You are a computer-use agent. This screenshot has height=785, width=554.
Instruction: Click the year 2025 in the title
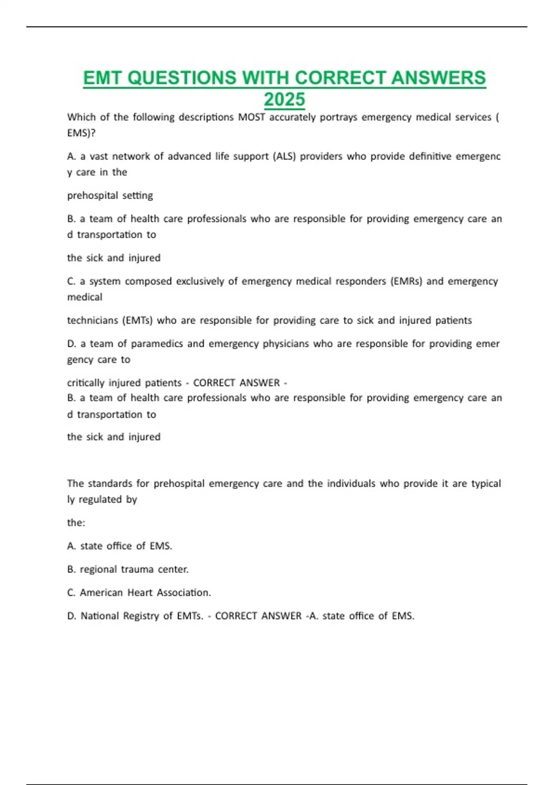click(x=284, y=99)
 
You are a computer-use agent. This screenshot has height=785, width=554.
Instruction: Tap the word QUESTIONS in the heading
click(x=182, y=78)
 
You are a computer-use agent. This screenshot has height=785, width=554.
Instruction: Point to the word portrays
click(x=338, y=117)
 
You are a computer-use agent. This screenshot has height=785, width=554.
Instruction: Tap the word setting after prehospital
click(x=137, y=195)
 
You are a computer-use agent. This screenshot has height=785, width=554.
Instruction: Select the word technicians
click(x=92, y=320)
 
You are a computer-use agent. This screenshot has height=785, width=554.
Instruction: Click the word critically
click(x=86, y=383)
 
